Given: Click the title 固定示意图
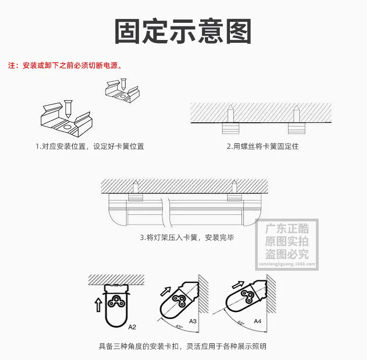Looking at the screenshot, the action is pyautogui.click(x=183, y=31).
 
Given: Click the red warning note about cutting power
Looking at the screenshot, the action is pyautogui.click(x=65, y=66).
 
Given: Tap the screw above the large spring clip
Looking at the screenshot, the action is pyautogui.click(x=68, y=109).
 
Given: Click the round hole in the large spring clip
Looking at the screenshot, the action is pyautogui.click(x=67, y=127).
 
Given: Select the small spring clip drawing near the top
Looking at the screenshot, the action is pyautogui.click(x=123, y=91).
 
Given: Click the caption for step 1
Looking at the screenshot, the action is pyautogui.click(x=90, y=146).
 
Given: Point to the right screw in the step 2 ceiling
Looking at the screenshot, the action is pyautogui.click(x=297, y=113).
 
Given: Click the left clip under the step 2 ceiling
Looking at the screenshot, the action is pyautogui.click(x=230, y=128).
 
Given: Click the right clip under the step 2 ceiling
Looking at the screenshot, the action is pyautogui.click(x=297, y=128).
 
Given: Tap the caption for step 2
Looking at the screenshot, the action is pyautogui.click(x=263, y=146).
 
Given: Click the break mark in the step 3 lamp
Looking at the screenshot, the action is pyautogui.click(x=165, y=213).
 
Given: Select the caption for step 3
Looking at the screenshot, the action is pyautogui.click(x=187, y=237).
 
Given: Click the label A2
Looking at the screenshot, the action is pyautogui.click(x=132, y=327).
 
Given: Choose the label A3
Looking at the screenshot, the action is pyautogui.click(x=193, y=321).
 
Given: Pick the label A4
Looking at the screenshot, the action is pyautogui.click(x=257, y=321).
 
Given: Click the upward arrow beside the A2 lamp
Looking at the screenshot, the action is pyautogui.click(x=98, y=305).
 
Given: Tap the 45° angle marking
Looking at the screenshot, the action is pyautogui.click(x=179, y=327).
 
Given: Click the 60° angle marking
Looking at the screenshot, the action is pyautogui.click(x=241, y=322).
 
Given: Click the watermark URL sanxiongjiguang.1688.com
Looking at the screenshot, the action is pyautogui.click(x=287, y=264).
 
